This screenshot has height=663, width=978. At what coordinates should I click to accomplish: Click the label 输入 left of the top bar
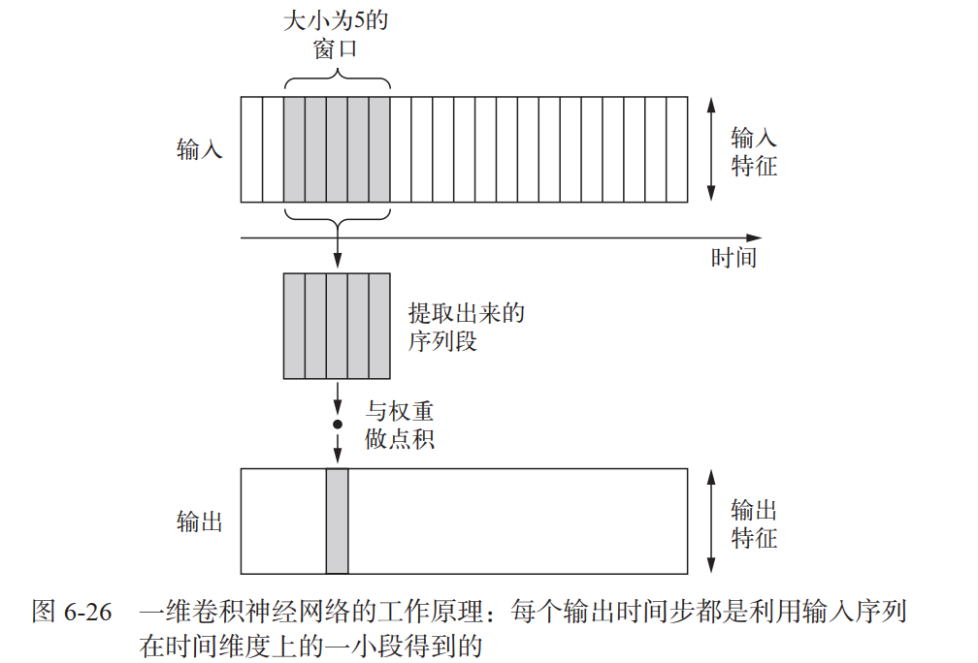[x=200, y=149]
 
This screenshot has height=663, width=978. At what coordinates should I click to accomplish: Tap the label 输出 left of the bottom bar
[x=200, y=522]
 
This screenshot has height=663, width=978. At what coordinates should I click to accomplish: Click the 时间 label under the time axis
[x=733, y=258]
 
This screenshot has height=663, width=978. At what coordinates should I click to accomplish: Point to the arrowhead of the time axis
[x=754, y=237]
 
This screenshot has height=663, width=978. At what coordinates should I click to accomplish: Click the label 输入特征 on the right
[x=754, y=151]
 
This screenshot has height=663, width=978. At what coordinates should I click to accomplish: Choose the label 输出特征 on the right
[x=754, y=523]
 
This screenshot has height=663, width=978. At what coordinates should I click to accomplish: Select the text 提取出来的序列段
[x=467, y=327]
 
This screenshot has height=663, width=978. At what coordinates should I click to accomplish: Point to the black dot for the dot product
[x=338, y=425]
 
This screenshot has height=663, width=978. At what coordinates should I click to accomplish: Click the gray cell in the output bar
[x=337, y=521]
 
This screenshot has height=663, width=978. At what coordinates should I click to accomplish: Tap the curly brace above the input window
[x=337, y=83]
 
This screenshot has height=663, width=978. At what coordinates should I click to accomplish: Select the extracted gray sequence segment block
[x=337, y=326]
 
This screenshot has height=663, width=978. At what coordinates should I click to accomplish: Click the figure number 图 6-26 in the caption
[x=73, y=613]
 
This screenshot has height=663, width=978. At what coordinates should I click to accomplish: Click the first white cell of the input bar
[x=251, y=149]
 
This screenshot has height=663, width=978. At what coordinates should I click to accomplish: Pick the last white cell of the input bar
[x=677, y=149]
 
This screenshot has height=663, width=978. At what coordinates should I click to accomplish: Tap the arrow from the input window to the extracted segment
[x=338, y=248]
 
